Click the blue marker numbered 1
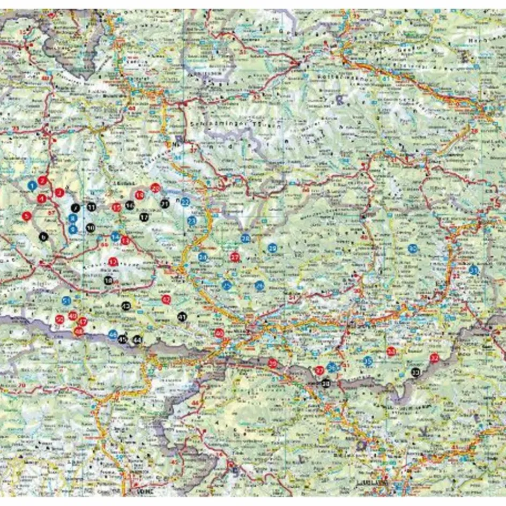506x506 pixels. coord(33,186)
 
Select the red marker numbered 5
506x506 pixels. coord(26,216)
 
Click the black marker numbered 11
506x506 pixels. coord(92,207)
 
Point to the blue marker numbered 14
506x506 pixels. coord(115,237)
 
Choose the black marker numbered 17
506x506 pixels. coord(144,217)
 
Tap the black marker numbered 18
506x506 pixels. coord(109,280)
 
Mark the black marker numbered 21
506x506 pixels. coord(165,203)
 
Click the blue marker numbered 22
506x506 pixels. coord(185,202)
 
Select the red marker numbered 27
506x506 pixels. coord(234,257)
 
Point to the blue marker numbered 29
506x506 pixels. coord(272,248)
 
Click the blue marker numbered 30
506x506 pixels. coord(412,248)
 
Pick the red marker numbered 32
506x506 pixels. coord(435,358)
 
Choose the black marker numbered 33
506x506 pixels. coord(415,372)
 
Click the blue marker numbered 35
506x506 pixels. coord(368,361)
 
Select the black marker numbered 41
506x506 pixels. coord(182,317)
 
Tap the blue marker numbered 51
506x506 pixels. coord(66,301)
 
